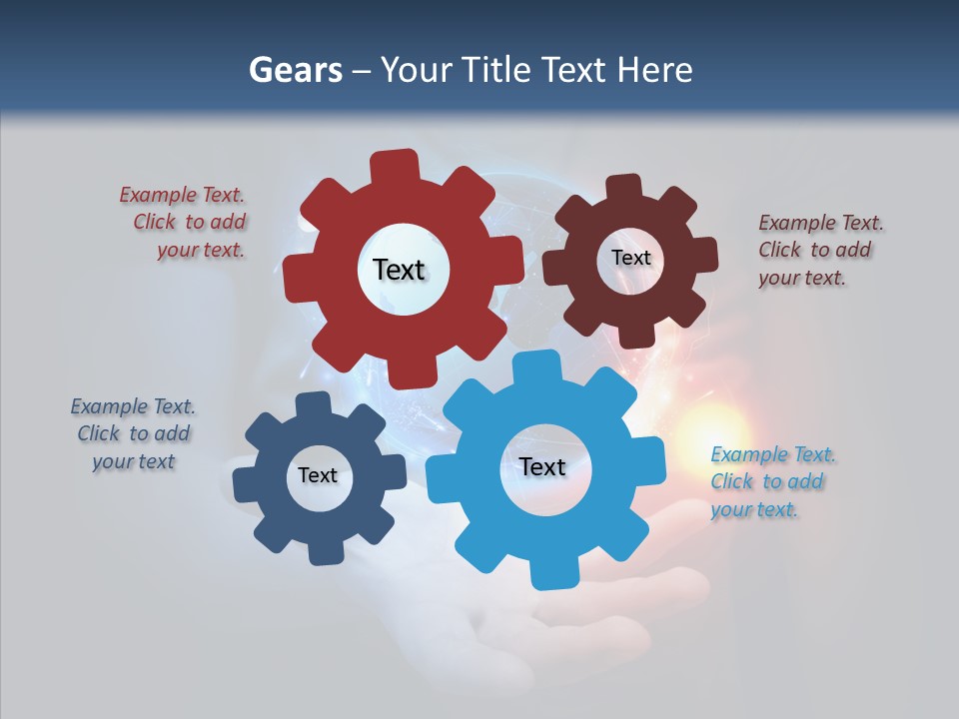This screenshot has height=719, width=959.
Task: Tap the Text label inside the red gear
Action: tap(399, 270)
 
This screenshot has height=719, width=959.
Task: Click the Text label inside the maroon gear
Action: tap(630, 258)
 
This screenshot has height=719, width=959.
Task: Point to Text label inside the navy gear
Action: tap(318, 475)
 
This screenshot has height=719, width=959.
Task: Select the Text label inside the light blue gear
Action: tap(542, 466)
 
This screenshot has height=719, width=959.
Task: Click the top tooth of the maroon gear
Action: tap(624, 187)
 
